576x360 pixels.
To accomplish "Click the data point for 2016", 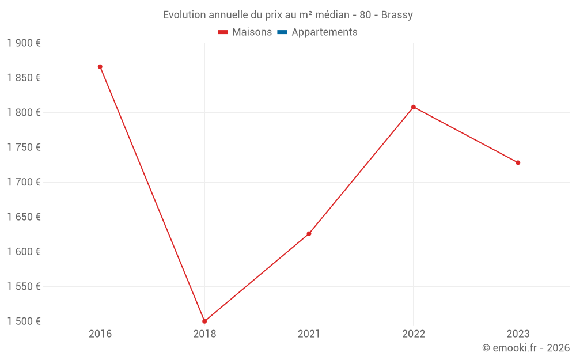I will pyautogui.click(x=100, y=67).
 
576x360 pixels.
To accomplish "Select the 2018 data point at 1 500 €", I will pyautogui.click(x=204, y=321).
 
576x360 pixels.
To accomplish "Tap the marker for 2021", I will pyautogui.click(x=309, y=233).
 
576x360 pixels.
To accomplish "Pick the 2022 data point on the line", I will pyautogui.click(x=414, y=107).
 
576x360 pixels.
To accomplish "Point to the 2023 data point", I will pyautogui.click(x=518, y=162).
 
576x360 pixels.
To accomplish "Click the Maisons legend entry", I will pyautogui.click(x=245, y=32).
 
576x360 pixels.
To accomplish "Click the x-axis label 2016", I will pyautogui.click(x=100, y=334).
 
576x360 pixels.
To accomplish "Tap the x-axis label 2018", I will pyautogui.click(x=204, y=334).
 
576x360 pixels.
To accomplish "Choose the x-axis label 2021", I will pyautogui.click(x=309, y=334).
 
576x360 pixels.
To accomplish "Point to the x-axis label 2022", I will pyautogui.click(x=414, y=334).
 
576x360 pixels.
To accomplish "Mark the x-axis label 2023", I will pyautogui.click(x=518, y=334).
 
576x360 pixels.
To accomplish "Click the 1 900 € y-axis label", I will pyautogui.click(x=24, y=43).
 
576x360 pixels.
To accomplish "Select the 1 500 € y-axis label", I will pyautogui.click(x=24, y=321).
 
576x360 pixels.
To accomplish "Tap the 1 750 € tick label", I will pyautogui.click(x=24, y=147).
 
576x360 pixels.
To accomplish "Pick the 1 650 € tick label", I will pyautogui.click(x=24, y=217).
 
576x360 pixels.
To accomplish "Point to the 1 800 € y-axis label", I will pyautogui.click(x=24, y=113).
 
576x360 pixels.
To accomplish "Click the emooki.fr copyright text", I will pyautogui.click(x=525, y=348).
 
